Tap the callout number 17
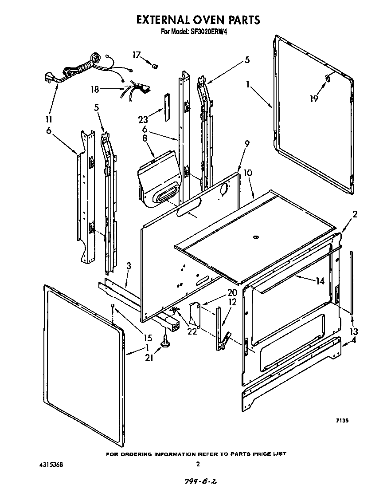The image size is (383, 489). point(137,55)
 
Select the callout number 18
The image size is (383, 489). point(95,89)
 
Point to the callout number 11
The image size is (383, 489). point(49,119)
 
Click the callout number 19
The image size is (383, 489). point(314,99)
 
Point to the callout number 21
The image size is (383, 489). point(149,357)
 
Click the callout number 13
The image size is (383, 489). point(353,331)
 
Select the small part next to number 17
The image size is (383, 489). point(155,66)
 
